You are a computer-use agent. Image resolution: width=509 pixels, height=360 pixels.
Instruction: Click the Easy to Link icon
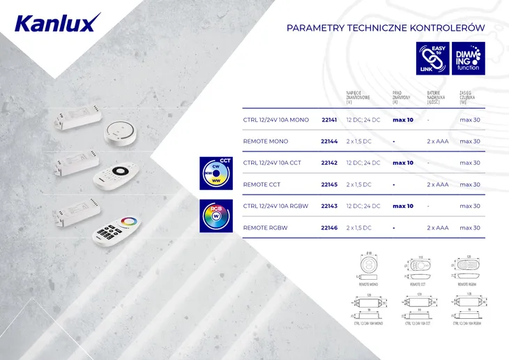tap(432, 58)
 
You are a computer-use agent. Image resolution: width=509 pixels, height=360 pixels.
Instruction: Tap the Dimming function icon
tap(467, 58)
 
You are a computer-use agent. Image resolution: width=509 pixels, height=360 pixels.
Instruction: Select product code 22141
tap(329, 120)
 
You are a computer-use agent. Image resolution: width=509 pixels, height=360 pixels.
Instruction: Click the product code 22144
tap(329, 142)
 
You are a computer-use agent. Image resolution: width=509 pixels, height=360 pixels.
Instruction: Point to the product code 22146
tap(329, 228)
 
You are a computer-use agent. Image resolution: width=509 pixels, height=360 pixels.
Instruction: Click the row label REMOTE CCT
tap(261, 185)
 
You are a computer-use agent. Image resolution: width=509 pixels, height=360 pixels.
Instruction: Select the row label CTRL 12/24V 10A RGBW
tap(276, 207)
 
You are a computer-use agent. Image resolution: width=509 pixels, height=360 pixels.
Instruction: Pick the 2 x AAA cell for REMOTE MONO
tap(437, 142)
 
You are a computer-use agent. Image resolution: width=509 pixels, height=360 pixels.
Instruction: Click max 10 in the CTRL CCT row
tap(403, 163)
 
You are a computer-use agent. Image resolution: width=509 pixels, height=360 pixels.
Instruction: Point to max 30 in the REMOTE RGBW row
tap(470, 228)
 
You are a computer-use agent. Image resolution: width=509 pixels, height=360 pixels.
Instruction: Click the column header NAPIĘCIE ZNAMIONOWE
tap(358, 97)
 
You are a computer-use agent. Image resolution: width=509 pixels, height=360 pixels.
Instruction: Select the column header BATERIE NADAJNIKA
tap(437, 97)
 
